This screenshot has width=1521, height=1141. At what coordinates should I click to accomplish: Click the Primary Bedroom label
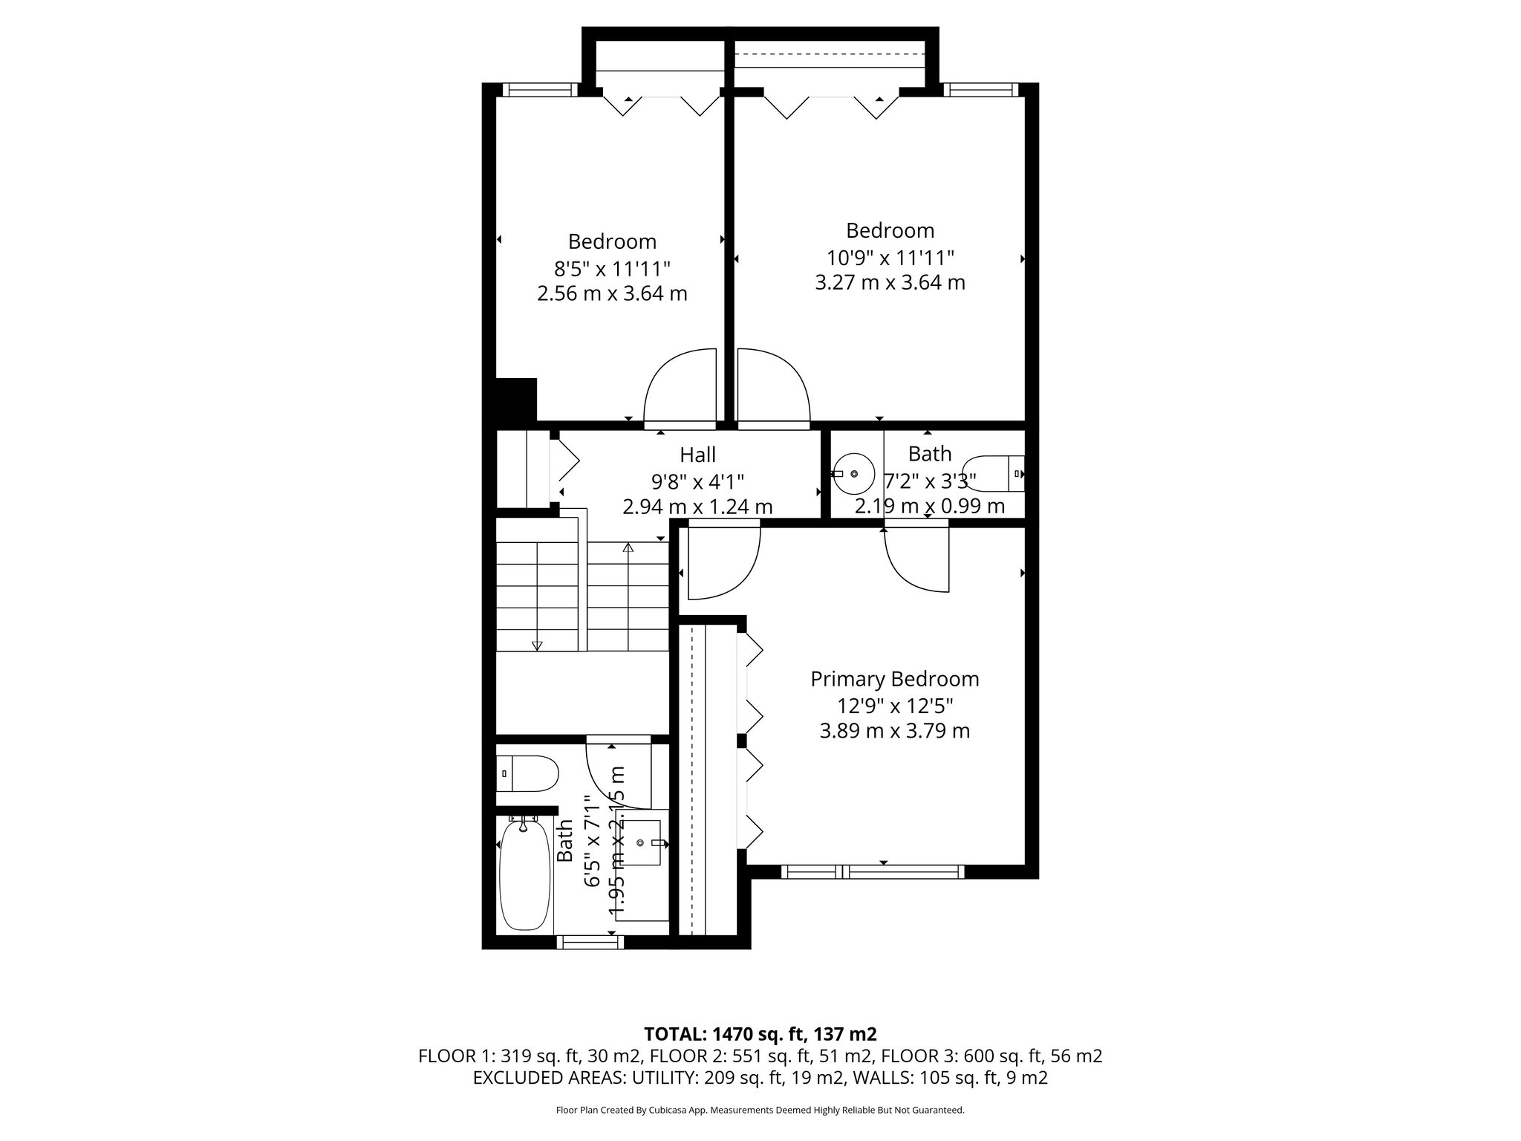894,679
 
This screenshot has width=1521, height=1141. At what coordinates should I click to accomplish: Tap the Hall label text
697,454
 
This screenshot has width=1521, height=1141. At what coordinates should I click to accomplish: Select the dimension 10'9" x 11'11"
890,257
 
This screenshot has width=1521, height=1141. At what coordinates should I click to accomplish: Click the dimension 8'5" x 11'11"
612,267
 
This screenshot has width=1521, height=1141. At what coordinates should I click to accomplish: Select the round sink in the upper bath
855,473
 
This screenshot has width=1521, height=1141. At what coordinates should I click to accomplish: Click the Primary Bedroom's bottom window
873,872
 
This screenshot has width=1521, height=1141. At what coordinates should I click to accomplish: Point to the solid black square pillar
515,400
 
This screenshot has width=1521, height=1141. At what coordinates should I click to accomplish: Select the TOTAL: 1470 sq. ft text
760,1033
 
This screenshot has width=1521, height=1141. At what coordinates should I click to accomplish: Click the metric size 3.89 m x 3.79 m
894,731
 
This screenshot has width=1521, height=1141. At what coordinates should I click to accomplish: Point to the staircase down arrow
538,645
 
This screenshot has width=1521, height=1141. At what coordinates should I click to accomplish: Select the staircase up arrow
628,549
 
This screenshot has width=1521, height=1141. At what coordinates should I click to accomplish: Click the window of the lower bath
590,942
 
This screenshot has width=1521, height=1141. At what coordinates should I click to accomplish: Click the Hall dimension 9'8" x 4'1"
697,481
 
